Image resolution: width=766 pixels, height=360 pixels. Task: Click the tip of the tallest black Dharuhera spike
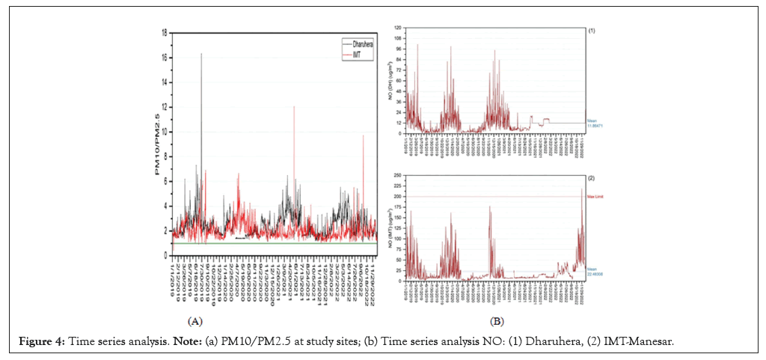201,54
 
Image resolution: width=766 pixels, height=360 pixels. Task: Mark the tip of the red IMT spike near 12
294,106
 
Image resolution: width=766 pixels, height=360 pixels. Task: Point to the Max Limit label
596,197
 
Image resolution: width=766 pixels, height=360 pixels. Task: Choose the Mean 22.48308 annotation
595,272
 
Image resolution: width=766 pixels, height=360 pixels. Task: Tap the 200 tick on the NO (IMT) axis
401,197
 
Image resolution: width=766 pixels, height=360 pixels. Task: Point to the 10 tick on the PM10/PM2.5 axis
164,132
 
